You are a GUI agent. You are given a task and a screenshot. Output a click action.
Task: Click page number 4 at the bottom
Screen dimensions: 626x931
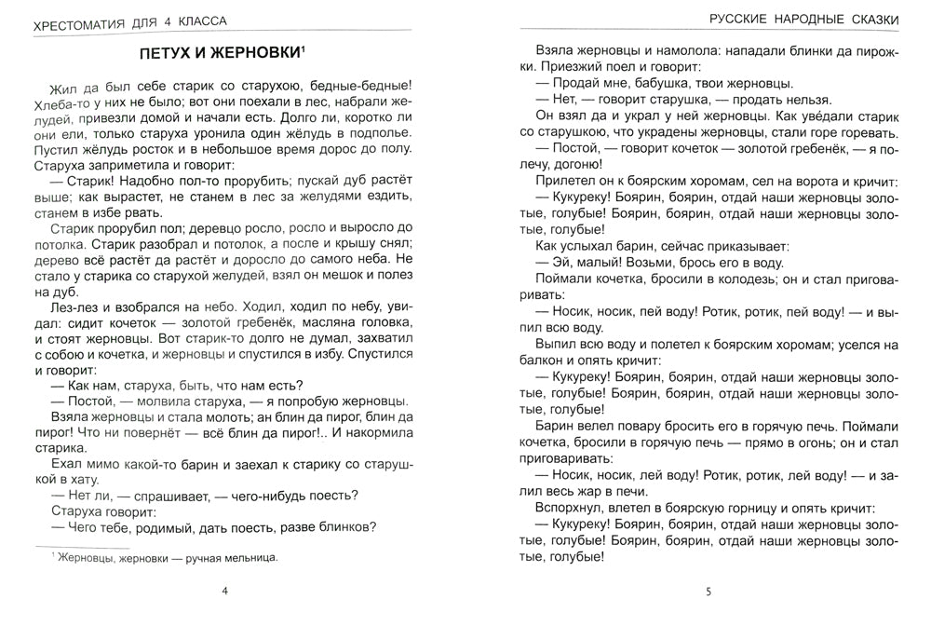pyautogui.click(x=215, y=592)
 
